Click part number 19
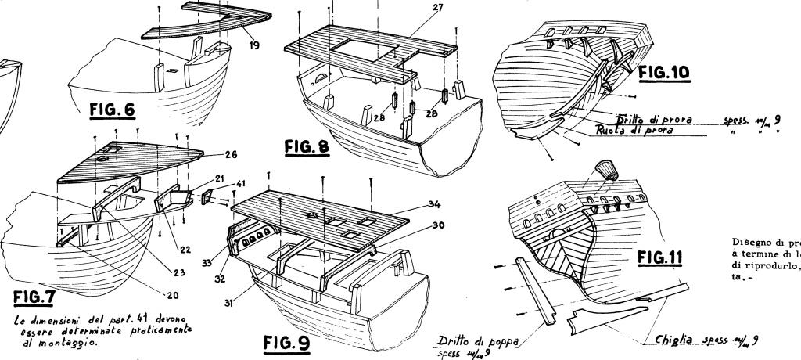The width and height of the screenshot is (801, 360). pyautogui.click(x=255, y=46)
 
